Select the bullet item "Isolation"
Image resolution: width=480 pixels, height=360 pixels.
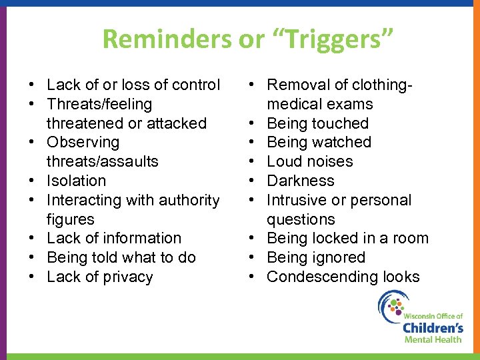[76, 181]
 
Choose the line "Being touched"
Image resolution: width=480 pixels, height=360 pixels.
[317, 123]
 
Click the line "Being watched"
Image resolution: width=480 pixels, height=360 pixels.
[319, 142]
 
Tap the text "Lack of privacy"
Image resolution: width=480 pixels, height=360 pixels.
[99, 277]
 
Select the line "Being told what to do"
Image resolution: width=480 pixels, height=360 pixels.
[121, 257]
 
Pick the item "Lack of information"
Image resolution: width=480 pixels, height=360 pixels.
[113, 238]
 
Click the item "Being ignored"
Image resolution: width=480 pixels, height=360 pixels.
[316, 257]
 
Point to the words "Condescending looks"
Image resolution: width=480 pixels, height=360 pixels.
[343, 277]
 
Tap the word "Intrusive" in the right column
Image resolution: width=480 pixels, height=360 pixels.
[297, 200]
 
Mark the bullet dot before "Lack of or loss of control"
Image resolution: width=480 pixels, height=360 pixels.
[31, 85]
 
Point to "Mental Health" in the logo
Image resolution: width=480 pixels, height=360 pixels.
[433, 339]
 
